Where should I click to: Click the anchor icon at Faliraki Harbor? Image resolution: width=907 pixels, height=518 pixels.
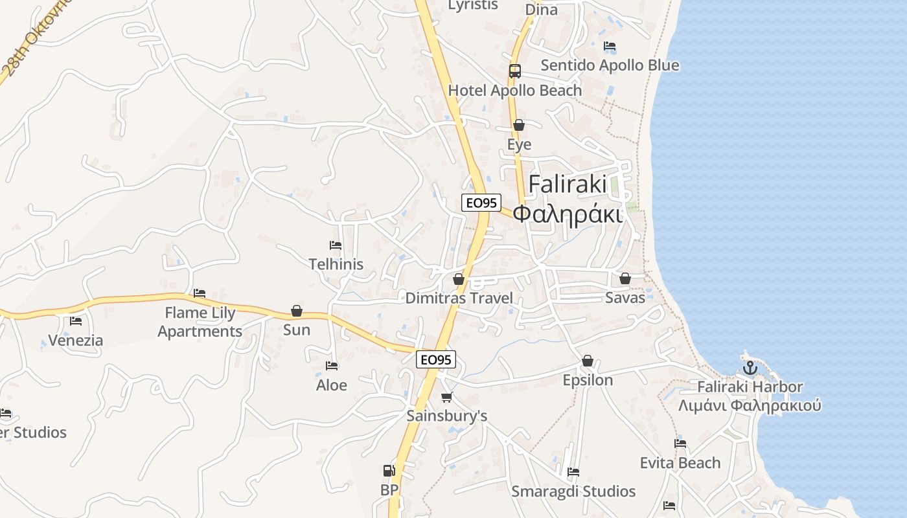pos(750,368)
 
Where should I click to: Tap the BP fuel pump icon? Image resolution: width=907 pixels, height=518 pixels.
pos(389,471)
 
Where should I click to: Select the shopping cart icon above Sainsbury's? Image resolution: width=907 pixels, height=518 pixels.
pos(446,397)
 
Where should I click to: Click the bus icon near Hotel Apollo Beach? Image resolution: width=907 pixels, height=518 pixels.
pos(515,71)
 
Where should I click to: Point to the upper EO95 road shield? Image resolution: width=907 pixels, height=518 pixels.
pos(481,203)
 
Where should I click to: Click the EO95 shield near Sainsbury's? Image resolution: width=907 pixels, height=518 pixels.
pos(436,360)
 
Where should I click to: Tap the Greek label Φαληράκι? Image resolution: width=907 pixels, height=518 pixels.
pos(568,214)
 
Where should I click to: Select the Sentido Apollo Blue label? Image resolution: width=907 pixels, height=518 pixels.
pos(610,65)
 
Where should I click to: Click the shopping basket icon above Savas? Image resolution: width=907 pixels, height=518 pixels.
pos(625,278)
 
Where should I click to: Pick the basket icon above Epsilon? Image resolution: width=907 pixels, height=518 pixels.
pos(588,361)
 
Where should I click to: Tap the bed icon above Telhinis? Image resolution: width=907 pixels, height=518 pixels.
pos(336,245)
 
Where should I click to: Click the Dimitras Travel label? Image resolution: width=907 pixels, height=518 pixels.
pos(459,298)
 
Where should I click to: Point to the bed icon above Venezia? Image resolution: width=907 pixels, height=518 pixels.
pos(76,321)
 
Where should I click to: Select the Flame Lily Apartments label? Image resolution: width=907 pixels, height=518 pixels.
pos(200,322)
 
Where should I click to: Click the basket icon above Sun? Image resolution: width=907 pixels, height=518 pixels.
pos(297,311)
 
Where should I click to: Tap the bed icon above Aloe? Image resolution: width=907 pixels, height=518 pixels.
pos(332,366)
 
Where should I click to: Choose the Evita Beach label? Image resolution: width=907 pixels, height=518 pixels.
pos(680,463)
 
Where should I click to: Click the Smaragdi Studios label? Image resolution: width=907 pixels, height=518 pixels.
pos(573,491)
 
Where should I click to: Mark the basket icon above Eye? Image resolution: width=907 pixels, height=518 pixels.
pos(519,126)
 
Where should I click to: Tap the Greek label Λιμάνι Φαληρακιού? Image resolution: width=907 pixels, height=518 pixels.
pos(750,406)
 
